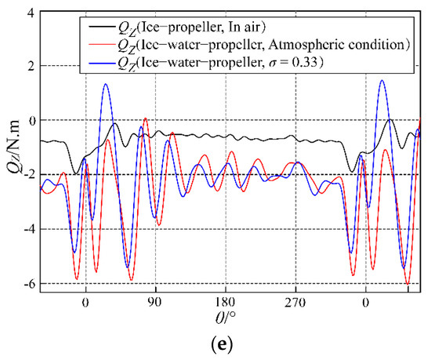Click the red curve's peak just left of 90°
click(145, 118)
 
